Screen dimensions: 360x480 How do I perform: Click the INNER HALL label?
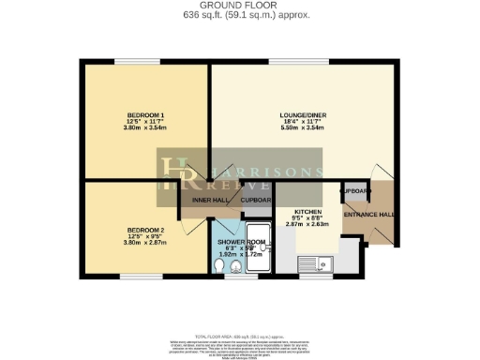(207, 200)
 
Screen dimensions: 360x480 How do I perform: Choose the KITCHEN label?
(307, 212)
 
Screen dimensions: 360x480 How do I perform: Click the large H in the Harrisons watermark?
(176, 178)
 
